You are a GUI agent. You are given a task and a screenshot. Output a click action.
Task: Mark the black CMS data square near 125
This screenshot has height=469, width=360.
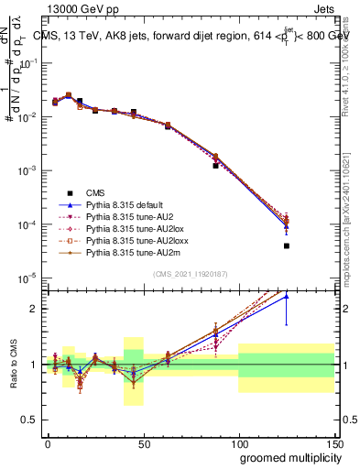[x=287, y=245]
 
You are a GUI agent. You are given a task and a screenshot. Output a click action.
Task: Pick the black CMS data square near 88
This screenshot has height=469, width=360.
[x=215, y=166]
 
